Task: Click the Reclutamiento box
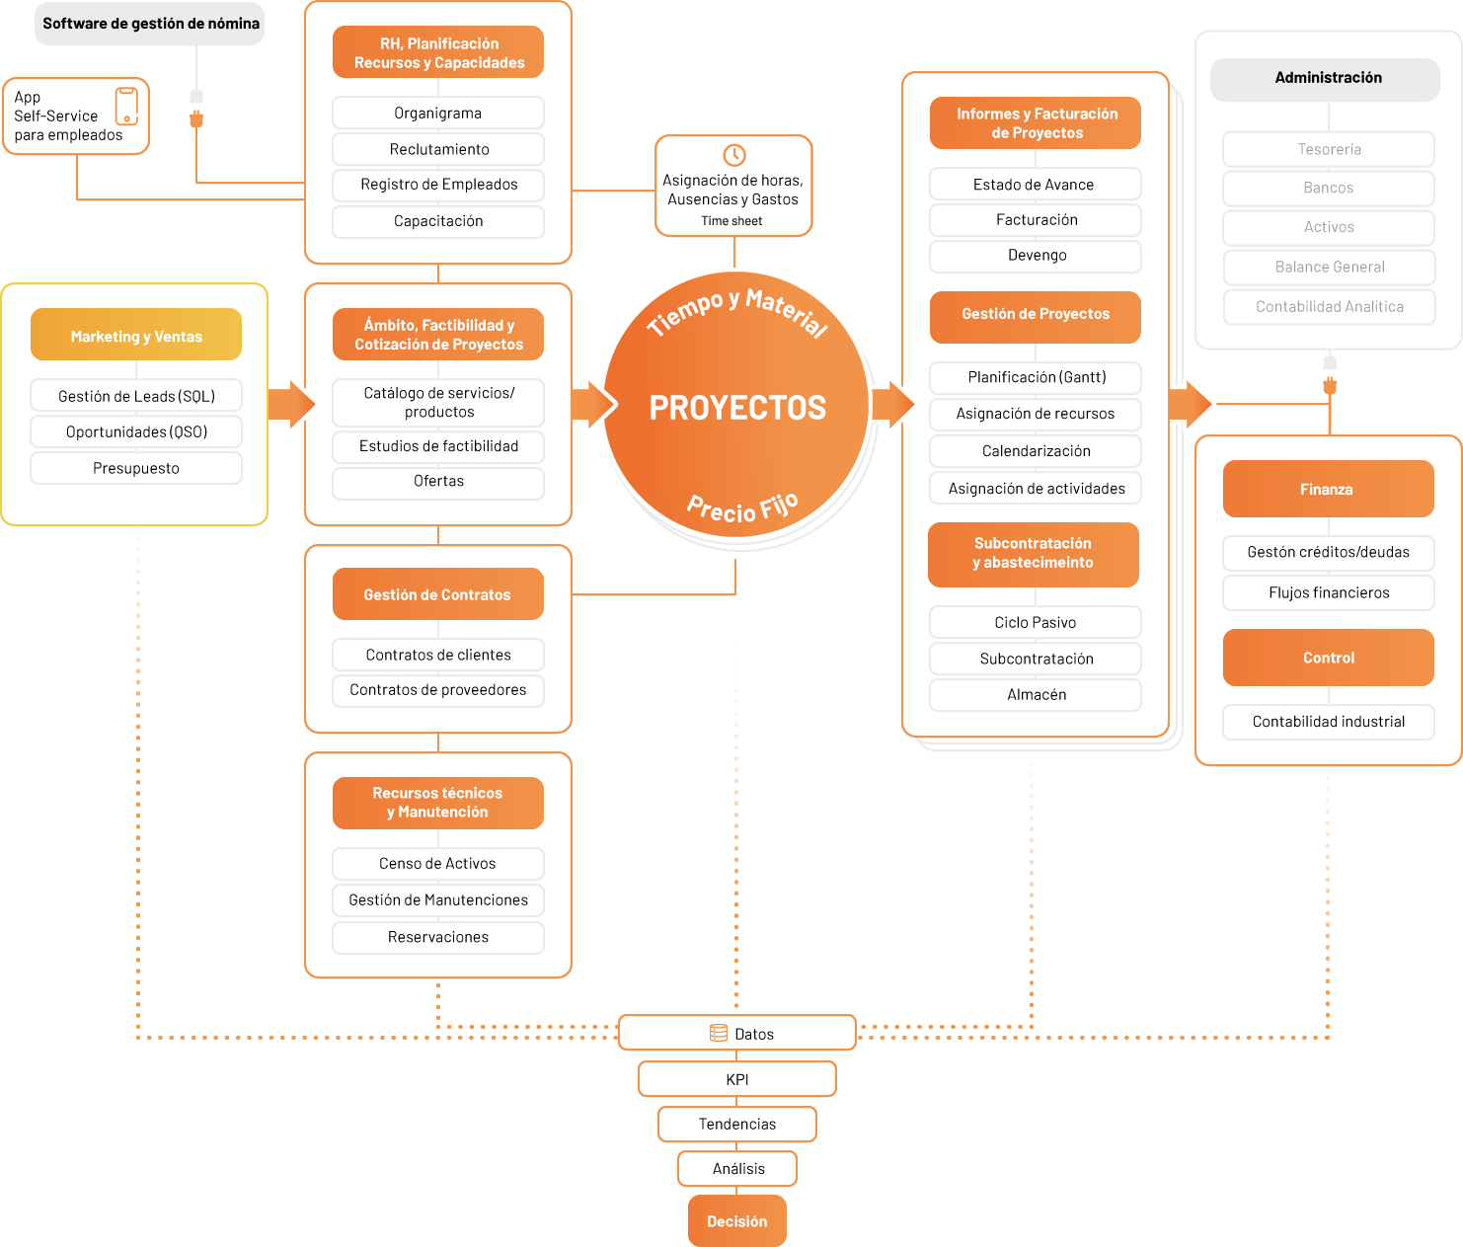point(438,149)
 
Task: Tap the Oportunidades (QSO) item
point(136,431)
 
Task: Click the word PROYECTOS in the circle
point(737,408)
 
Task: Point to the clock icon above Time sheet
point(734,154)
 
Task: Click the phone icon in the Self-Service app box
point(126,107)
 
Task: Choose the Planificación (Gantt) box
point(1036,377)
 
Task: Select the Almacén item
point(1036,695)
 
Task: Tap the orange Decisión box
point(736,1220)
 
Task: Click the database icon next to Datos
point(718,1034)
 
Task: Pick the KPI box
point(736,1078)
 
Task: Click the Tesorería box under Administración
point(1329,149)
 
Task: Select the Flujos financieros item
point(1329,593)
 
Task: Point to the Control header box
point(1329,658)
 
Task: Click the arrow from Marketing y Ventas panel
point(291,404)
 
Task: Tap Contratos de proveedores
point(438,690)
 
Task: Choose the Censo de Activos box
point(438,863)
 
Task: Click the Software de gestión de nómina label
point(150,24)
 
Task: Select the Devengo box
point(1036,256)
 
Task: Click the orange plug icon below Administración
point(1330,386)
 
